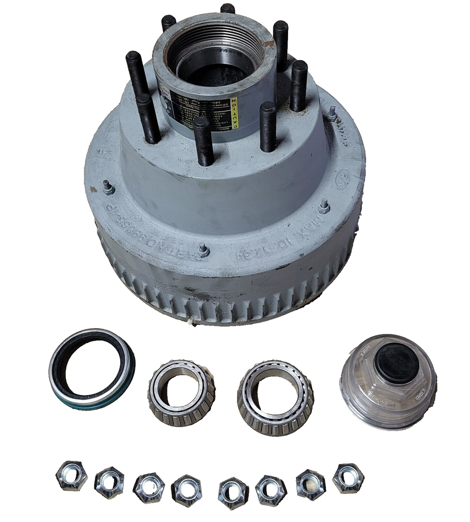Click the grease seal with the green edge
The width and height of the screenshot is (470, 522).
coord(92,368)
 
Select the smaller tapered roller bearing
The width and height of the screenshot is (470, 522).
coord(181,393)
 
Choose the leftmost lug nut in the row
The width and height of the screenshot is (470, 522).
coord(71,476)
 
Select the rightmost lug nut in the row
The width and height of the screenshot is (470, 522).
coord(348,478)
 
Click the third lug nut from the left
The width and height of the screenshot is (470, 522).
coord(149,487)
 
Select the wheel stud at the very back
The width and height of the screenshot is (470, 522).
coord(227,9)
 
